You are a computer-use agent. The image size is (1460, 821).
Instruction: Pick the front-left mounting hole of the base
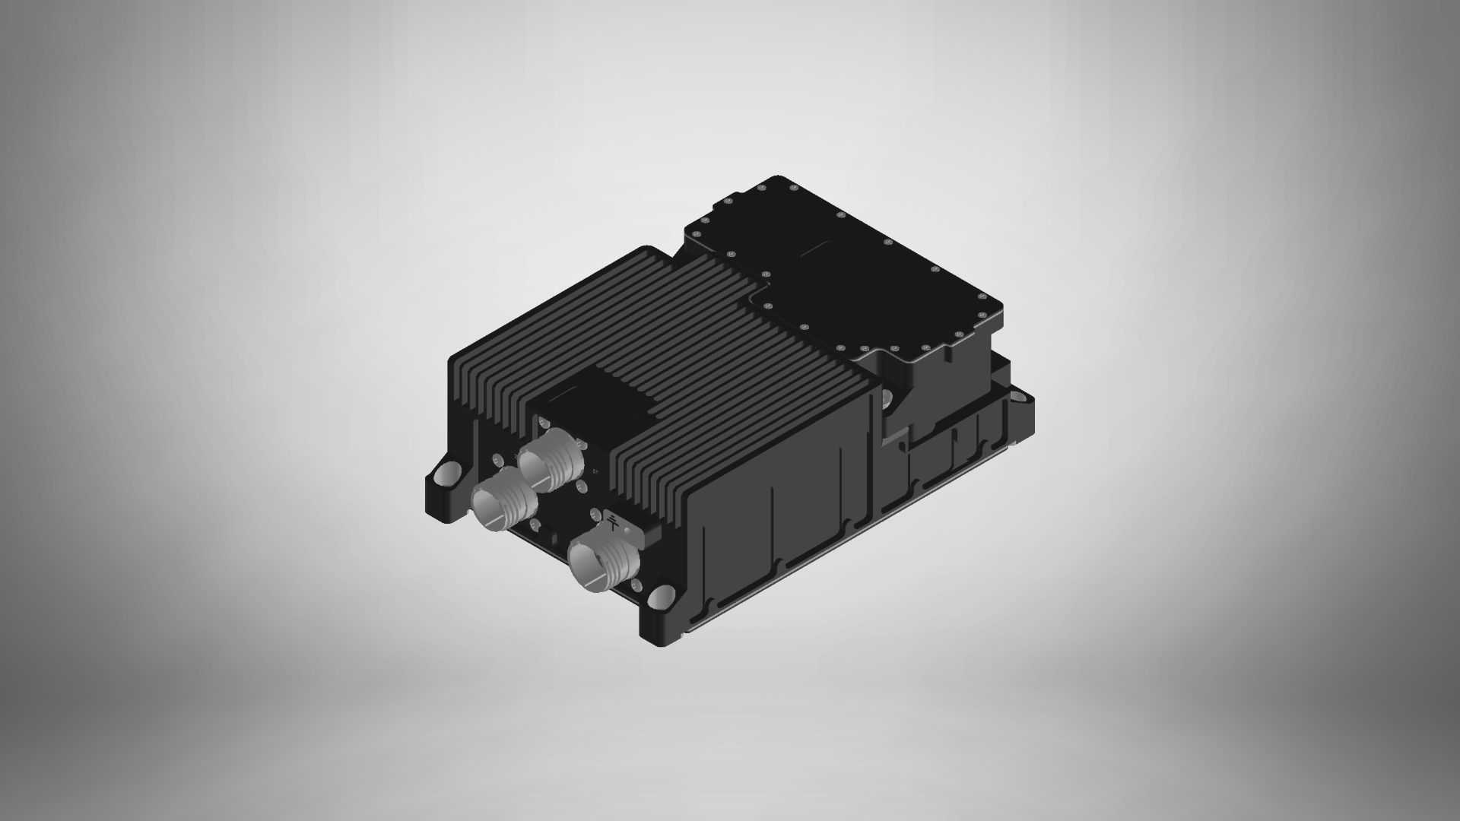(447, 474)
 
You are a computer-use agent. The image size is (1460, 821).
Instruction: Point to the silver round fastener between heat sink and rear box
(887, 397)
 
